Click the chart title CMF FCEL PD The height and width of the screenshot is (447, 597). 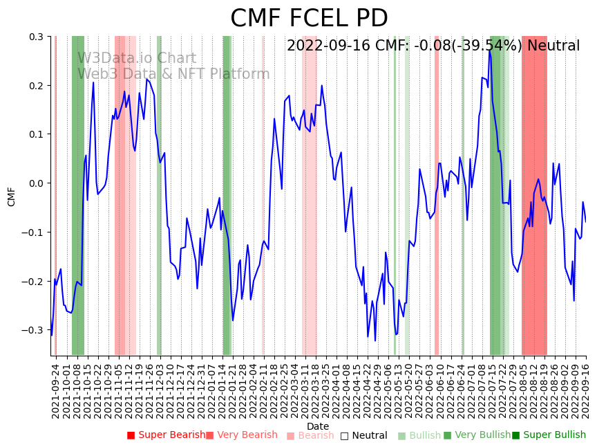tap(309, 19)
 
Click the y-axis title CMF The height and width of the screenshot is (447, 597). tap(12, 197)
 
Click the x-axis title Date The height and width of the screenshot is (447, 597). tap(318, 426)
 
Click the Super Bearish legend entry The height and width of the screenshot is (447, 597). tap(166, 435)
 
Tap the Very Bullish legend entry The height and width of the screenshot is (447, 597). tap(477, 435)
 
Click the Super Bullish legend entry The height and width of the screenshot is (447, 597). tap(549, 435)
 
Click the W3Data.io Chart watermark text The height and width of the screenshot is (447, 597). tap(137, 59)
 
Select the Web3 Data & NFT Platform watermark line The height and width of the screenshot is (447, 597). tap(173, 74)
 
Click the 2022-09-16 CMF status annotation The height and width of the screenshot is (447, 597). tap(433, 46)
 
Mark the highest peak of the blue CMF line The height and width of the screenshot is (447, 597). tap(489, 51)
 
